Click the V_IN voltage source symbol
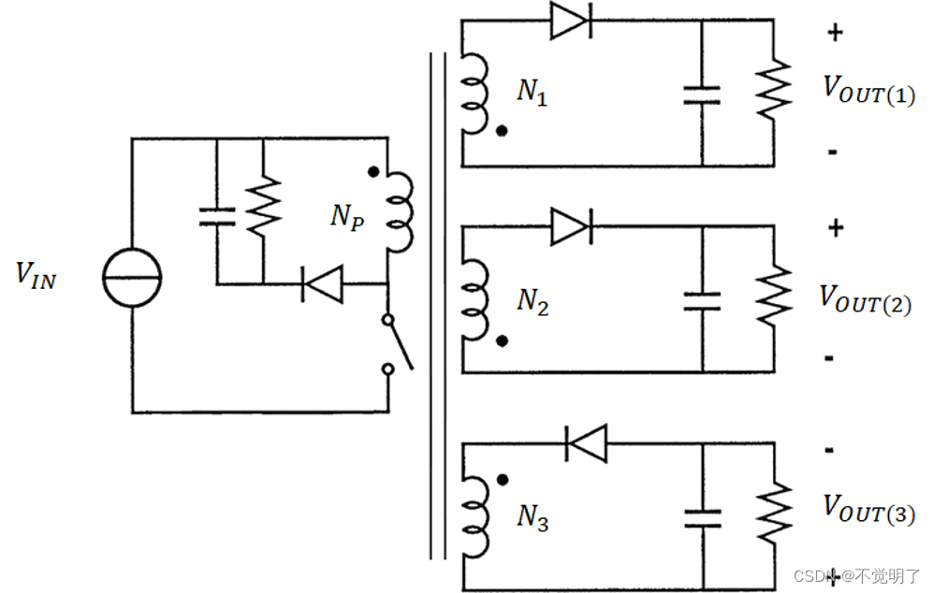132,278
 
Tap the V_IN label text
36,275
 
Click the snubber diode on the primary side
321,283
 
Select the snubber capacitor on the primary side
216,217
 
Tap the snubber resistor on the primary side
263,209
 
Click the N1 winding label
532,93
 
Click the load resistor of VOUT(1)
773,92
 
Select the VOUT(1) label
868,90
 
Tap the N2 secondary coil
475,298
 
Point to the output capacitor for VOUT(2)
702,300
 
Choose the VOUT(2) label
866,299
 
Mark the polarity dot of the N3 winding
503,480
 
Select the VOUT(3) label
868,509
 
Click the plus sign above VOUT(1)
835,33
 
